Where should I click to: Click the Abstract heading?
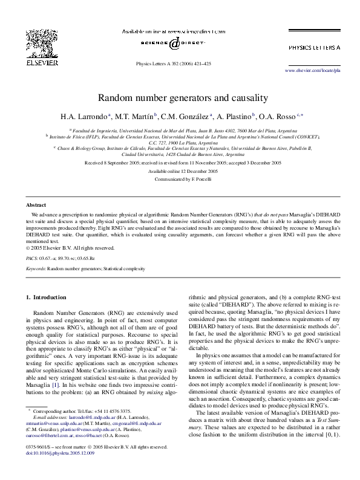coord(37,205)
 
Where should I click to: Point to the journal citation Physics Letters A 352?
coord(174,62)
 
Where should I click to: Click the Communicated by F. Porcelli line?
coord(180,179)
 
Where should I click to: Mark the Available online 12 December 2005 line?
coord(180,171)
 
